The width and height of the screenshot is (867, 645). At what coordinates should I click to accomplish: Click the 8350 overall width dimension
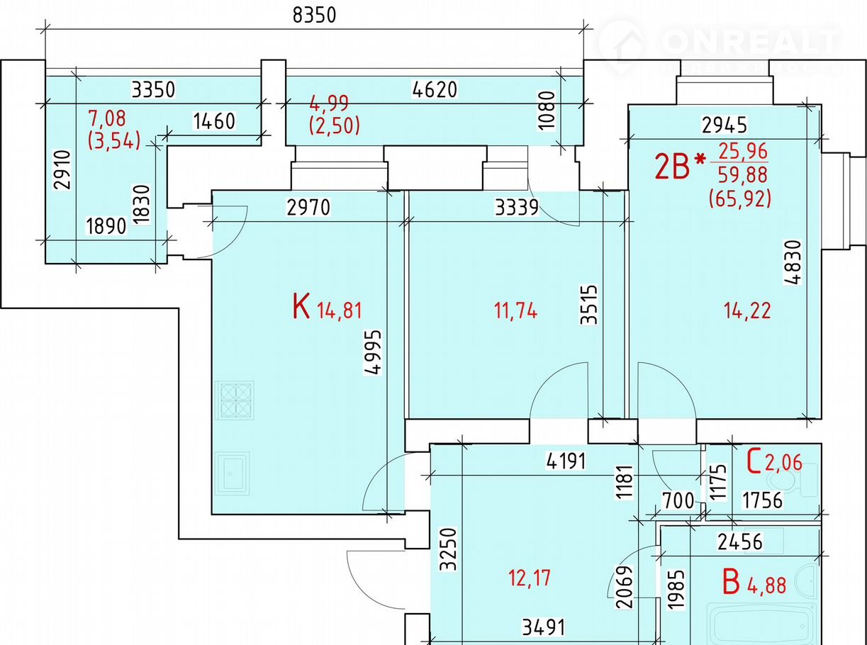click(x=314, y=16)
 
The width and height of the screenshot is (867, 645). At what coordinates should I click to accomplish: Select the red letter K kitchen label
click(x=301, y=308)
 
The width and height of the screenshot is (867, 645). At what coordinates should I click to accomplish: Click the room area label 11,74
click(x=515, y=310)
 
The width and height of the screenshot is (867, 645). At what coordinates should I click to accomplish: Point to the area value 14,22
click(x=747, y=310)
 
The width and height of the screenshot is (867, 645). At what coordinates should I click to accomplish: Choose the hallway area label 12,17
click(x=530, y=578)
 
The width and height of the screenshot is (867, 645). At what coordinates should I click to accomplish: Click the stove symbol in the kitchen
click(x=236, y=400)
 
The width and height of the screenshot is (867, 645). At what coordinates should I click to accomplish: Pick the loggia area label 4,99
click(x=329, y=103)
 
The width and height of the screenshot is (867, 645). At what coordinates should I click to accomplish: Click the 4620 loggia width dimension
click(x=435, y=89)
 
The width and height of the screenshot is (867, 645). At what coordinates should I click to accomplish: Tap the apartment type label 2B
click(x=671, y=168)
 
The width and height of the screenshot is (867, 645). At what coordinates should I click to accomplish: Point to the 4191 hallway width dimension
click(x=566, y=461)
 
